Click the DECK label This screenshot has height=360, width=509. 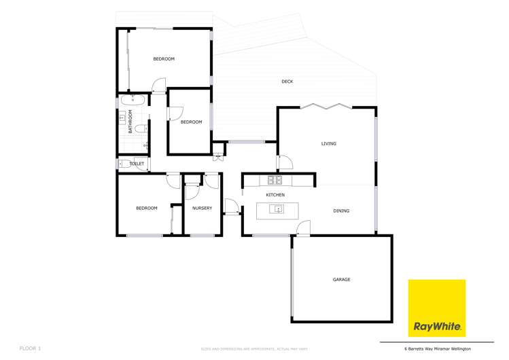[x=287, y=82]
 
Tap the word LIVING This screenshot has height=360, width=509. [x=329, y=144]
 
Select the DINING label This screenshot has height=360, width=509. [x=341, y=211]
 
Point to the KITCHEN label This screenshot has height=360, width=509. [x=275, y=196]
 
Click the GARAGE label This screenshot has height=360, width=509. [x=341, y=280]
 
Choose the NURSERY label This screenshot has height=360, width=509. [x=202, y=209]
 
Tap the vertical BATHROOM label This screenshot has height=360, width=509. [x=130, y=121]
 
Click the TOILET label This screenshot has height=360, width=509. [x=137, y=164]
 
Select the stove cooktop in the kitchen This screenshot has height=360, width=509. [x=275, y=180]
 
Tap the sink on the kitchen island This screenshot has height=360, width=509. [x=278, y=209]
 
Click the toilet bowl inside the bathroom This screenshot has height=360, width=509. [x=140, y=128]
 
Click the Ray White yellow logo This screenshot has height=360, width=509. [x=436, y=308]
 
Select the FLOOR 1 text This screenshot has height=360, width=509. [x=31, y=348]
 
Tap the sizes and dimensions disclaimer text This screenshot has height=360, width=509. [x=254, y=349]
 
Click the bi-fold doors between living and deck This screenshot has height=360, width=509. [x=327, y=106]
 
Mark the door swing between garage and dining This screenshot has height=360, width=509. [x=303, y=228]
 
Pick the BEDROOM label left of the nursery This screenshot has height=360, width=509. [x=146, y=209]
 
